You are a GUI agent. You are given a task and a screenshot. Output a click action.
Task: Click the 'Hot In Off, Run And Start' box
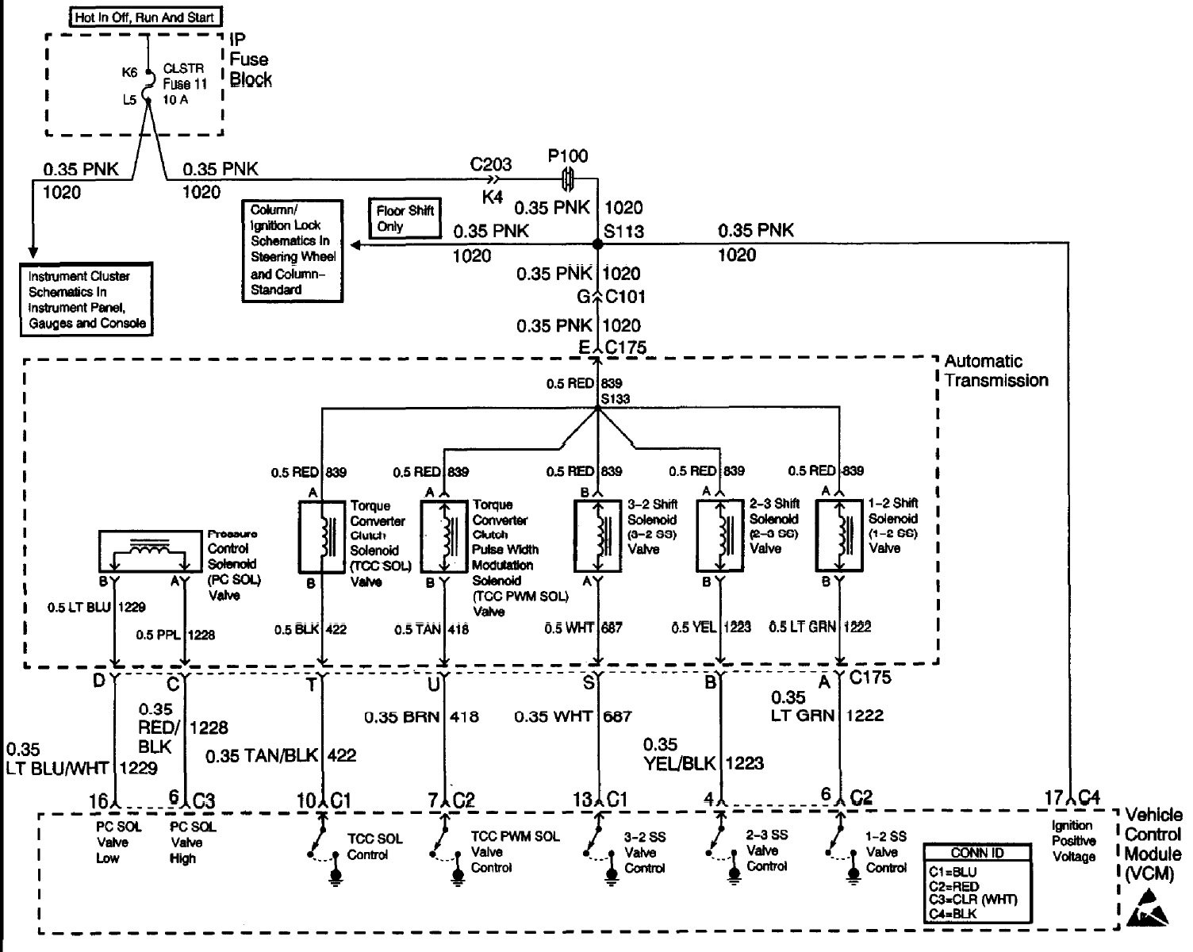[144, 17]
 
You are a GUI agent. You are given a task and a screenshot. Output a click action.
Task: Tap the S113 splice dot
[598, 244]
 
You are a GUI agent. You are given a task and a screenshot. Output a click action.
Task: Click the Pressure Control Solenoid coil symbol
[148, 551]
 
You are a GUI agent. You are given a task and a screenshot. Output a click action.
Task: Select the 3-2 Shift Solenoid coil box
[597, 535]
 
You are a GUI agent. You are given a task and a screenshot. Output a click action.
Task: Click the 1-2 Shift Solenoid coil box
[839, 535]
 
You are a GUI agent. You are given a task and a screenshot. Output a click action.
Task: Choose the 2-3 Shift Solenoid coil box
[720, 535]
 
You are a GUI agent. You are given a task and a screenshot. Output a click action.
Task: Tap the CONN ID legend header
[977, 853]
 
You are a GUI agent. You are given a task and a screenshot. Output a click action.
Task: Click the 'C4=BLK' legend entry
[953, 913]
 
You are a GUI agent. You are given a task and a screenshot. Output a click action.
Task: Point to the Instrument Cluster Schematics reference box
[86, 299]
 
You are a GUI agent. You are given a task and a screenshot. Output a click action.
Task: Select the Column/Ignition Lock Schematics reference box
[293, 250]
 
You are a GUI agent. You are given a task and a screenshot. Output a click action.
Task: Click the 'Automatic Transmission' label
[995, 371]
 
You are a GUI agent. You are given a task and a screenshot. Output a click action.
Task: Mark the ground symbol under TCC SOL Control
[336, 875]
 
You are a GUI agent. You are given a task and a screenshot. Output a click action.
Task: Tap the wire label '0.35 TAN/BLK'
[261, 756]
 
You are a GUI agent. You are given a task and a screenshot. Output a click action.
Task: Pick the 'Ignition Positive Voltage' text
[1073, 841]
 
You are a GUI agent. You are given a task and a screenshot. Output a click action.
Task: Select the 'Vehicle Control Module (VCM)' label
[1153, 844]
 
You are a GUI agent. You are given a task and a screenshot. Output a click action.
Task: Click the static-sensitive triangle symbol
[1146, 909]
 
